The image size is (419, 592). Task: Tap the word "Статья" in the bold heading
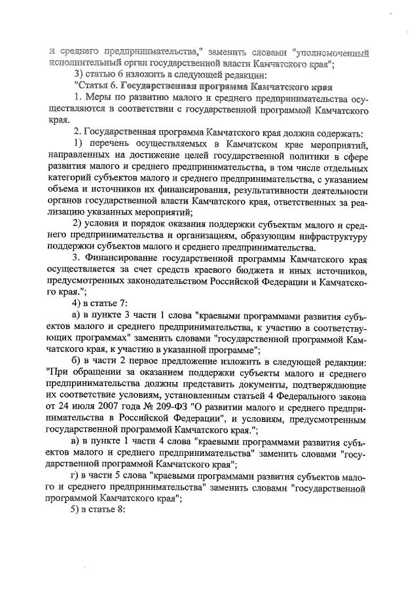96,86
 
